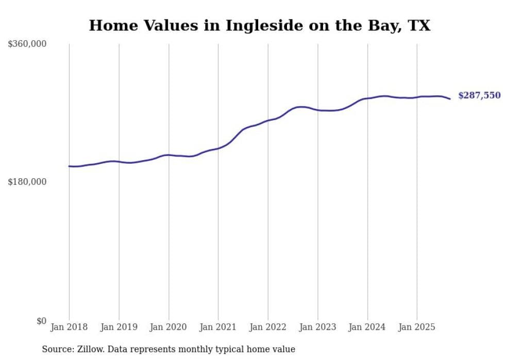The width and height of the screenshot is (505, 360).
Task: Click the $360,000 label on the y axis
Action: click(x=27, y=44)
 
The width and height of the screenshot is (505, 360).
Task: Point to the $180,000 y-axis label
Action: click(x=27, y=182)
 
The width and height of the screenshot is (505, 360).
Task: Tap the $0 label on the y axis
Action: click(x=41, y=321)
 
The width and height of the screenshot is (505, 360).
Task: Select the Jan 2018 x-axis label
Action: click(x=69, y=327)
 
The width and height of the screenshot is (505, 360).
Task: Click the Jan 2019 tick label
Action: click(x=119, y=327)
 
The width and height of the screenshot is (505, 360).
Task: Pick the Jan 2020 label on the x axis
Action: click(x=169, y=327)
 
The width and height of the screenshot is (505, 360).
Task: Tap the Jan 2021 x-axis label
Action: click(x=218, y=327)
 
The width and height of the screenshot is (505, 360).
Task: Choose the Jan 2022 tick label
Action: click(x=268, y=327)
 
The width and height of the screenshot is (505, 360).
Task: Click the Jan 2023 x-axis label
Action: click(x=317, y=327)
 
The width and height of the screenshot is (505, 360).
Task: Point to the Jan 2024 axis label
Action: click(x=367, y=327)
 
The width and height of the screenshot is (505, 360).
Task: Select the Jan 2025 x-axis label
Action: click(x=417, y=327)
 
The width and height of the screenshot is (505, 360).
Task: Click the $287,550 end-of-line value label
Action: click(x=479, y=95)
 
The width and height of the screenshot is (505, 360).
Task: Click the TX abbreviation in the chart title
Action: click(x=420, y=25)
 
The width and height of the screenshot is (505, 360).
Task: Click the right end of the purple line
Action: click(x=450, y=99)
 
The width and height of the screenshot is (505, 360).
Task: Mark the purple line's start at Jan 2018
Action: click(x=69, y=166)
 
